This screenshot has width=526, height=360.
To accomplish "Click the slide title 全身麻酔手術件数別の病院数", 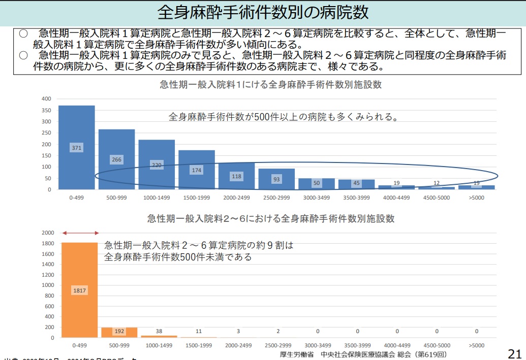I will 263,12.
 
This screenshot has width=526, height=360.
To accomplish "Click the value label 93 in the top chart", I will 276,179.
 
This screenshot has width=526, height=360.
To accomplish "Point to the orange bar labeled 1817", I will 79,290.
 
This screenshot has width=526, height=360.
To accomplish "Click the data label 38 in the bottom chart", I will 159,331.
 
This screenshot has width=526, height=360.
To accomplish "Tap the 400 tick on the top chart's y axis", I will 46,99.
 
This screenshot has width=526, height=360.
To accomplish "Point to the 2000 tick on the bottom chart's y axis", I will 47,233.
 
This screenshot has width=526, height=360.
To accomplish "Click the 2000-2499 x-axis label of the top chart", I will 236,198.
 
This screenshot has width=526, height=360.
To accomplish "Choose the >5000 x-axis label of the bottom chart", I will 477,345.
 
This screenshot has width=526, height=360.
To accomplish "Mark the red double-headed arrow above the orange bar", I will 80,233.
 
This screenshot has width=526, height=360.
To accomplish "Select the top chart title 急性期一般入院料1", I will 270,85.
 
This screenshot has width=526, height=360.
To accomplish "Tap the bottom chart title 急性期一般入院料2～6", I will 270,219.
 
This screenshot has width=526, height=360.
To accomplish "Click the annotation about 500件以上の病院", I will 283,117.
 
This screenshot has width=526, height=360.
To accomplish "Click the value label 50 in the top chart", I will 316,182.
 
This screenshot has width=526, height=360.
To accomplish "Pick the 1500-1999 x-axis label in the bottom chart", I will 199,345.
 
